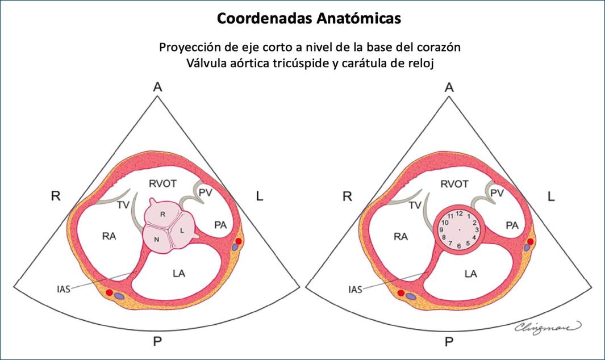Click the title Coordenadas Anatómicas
[x=302, y=19]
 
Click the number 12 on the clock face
[x=460, y=213]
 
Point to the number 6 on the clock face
[x=459, y=246]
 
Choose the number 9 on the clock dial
[x=441, y=230]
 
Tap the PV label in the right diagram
[x=497, y=194]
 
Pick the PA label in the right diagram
[x=512, y=225]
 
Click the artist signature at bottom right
[x=548, y=325]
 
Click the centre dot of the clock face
[x=459, y=229]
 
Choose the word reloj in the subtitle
[x=421, y=63]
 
